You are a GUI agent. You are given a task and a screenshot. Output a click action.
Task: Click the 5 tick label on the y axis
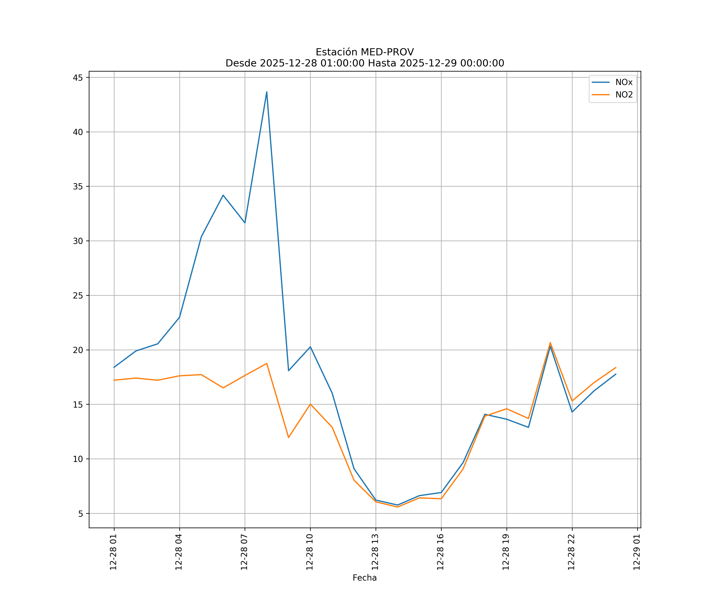pos(80,514)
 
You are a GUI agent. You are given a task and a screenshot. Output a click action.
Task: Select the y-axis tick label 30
pos(78,241)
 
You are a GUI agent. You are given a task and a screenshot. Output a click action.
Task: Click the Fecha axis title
pos(365,578)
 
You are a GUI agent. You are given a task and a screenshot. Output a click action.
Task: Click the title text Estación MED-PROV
pos(365,52)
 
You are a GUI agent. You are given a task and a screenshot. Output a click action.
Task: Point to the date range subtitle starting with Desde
pos(365,63)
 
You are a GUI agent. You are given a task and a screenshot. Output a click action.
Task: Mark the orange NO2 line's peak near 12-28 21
pos(550,343)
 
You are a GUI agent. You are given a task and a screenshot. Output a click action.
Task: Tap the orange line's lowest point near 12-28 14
pos(397,507)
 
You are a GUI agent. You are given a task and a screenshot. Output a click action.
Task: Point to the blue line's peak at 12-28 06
pos(223,195)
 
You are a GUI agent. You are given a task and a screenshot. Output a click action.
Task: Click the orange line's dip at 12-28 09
pos(289,437)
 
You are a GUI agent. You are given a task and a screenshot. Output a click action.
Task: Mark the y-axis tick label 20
pos(78,350)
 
